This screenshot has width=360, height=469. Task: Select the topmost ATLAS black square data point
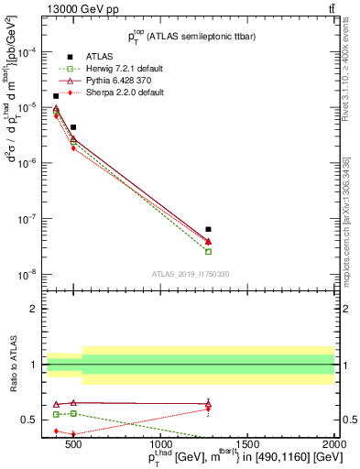tap(56, 96)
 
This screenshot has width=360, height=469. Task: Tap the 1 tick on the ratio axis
tap(34, 365)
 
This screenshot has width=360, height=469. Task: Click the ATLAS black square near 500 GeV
tap(73, 127)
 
